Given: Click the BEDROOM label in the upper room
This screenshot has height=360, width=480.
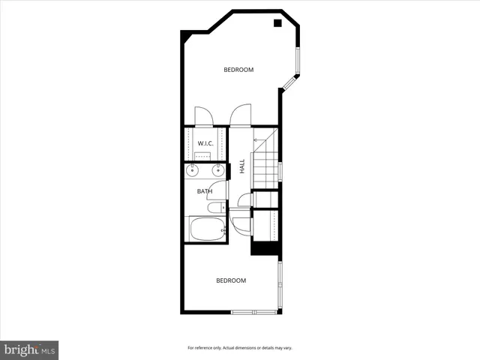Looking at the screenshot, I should click(238, 70).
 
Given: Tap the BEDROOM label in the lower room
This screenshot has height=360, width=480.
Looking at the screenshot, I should click(231, 280).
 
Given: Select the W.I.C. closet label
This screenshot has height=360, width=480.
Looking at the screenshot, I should click(205, 143).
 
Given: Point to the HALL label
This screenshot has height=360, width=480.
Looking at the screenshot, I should click(242, 166).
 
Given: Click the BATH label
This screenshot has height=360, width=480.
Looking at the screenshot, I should click(205, 191).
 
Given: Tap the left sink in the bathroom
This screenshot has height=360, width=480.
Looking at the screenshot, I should click(192, 171).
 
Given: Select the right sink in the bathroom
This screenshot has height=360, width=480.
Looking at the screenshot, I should click(218, 171).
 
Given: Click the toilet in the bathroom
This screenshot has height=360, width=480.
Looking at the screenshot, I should click(215, 208).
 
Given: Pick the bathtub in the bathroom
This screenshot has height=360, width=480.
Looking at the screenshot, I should click(206, 229).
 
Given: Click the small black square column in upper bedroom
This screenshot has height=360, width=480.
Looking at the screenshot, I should click(277, 23).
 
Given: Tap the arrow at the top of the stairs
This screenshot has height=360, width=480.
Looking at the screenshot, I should click(256, 139).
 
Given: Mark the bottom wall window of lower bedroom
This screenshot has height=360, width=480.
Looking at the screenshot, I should click(253, 311).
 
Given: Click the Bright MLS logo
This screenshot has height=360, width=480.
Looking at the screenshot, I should click(29, 349).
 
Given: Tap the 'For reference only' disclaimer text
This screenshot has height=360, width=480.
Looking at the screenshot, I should click(239, 348).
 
